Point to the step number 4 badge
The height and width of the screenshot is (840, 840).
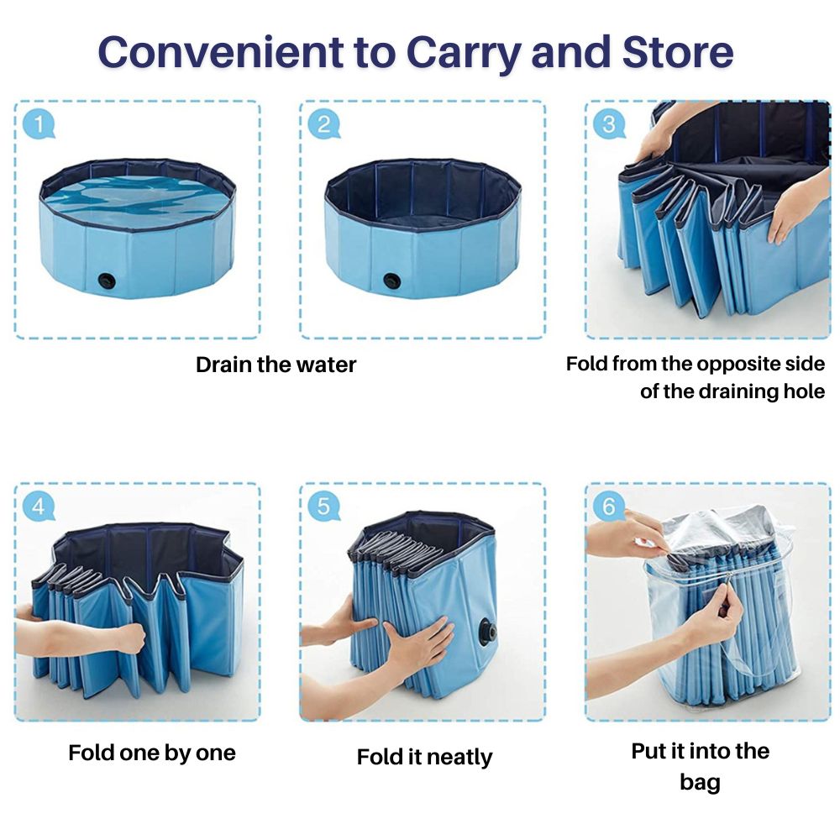[38, 507]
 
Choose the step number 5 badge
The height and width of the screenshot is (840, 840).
[323, 507]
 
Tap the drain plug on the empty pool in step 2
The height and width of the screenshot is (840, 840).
[391, 281]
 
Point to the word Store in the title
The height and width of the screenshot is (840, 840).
[677, 52]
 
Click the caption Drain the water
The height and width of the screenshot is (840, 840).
[276, 365]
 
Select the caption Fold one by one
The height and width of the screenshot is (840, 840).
[152, 752]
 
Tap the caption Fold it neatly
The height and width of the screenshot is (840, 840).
[424, 757]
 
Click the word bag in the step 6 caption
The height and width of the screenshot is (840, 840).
[700, 783]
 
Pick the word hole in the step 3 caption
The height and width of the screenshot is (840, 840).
[799, 391]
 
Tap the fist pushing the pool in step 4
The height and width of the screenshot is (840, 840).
[128, 638]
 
